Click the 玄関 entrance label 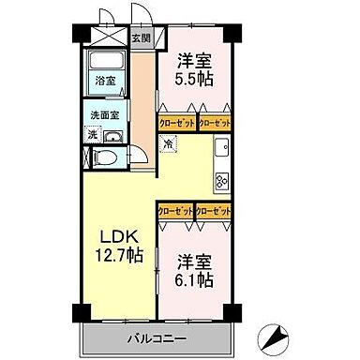click(141, 39)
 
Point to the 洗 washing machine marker click(92, 134)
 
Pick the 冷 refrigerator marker click(167, 144)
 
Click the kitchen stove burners click(224, 181)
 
